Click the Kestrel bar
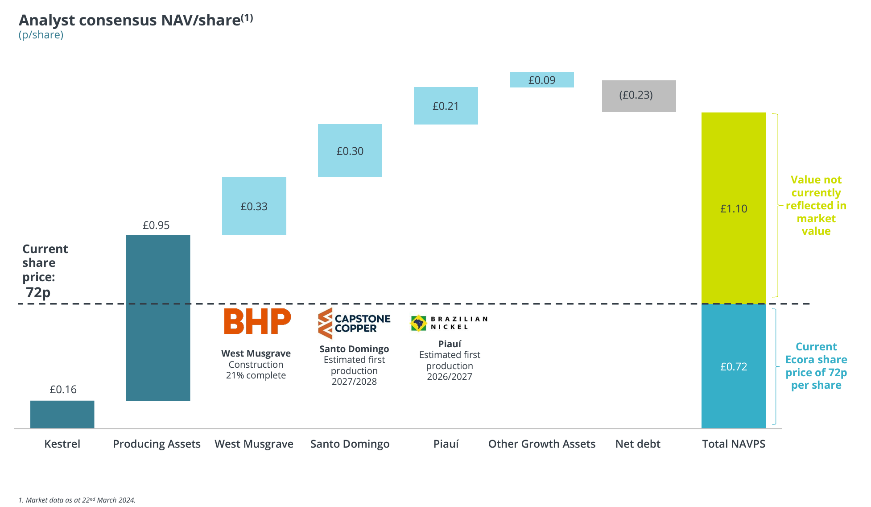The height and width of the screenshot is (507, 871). (x=62, y=414)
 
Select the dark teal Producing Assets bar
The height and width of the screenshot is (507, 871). (x=158, y=317)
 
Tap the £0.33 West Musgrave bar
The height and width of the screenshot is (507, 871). (x=254, y=206)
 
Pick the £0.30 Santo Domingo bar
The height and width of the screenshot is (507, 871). (x=350, y=150)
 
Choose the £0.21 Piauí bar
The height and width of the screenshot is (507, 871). (x=446, y=105)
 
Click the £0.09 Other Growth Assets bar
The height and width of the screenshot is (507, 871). (x=541, y=79)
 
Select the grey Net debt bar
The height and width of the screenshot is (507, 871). (x=639, y=96)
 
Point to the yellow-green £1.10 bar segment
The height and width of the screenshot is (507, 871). (x=733, y=208)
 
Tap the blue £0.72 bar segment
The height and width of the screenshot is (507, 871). (x=733, y=366)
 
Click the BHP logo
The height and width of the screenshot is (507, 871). (x=257, y=321)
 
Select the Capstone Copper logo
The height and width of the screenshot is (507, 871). (x=354, y=323)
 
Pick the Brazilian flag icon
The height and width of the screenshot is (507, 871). (x=418, y=323)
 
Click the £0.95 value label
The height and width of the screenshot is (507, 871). (x=156, y=225)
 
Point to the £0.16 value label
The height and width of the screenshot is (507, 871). (x=63, y=389)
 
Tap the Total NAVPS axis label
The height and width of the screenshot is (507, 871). (x=733, y=444)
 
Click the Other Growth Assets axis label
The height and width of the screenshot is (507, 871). (x=541, y=444)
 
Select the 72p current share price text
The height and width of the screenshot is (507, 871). (x=38, y=292)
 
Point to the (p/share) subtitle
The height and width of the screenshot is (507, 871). (x=41, y=35)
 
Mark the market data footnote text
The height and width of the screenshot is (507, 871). (x=77, y=500)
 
